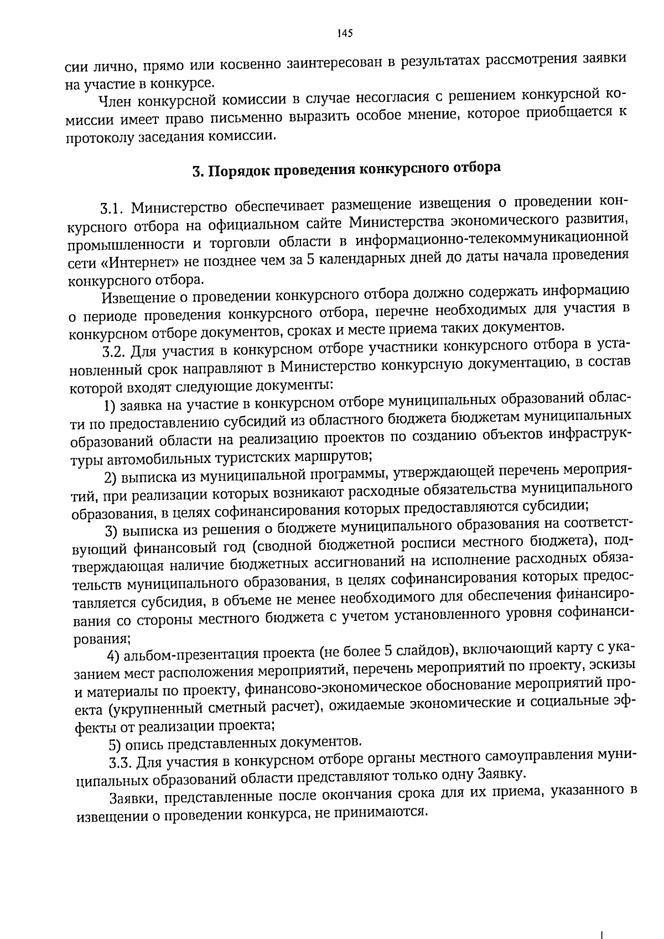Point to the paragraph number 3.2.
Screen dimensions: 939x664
coord(116,352)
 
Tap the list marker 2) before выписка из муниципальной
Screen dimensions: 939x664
coord(111,476)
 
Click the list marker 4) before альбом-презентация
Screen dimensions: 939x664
coord(114,657)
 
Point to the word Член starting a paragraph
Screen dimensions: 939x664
coord(113,101)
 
